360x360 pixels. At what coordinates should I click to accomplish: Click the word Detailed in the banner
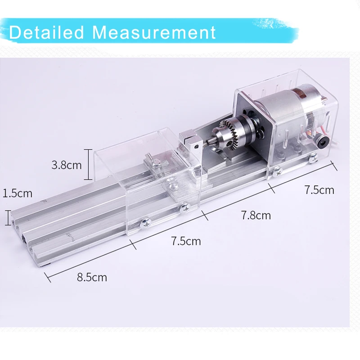(47, 32)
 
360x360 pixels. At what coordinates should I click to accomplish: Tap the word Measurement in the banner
(154, 32)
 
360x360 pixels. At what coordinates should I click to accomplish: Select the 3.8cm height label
(67, 165)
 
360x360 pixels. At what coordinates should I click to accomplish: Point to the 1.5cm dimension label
(18, 193)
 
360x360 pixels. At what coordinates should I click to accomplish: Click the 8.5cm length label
(92, 277)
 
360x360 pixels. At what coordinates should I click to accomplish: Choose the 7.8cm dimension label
(256, 216)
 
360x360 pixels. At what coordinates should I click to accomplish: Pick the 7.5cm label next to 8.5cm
(186, 241)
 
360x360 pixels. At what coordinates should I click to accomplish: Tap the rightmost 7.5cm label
(319, 190)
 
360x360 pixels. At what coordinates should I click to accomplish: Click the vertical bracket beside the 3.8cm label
(88, 164)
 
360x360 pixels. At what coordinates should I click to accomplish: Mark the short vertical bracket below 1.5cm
(8, 218)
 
